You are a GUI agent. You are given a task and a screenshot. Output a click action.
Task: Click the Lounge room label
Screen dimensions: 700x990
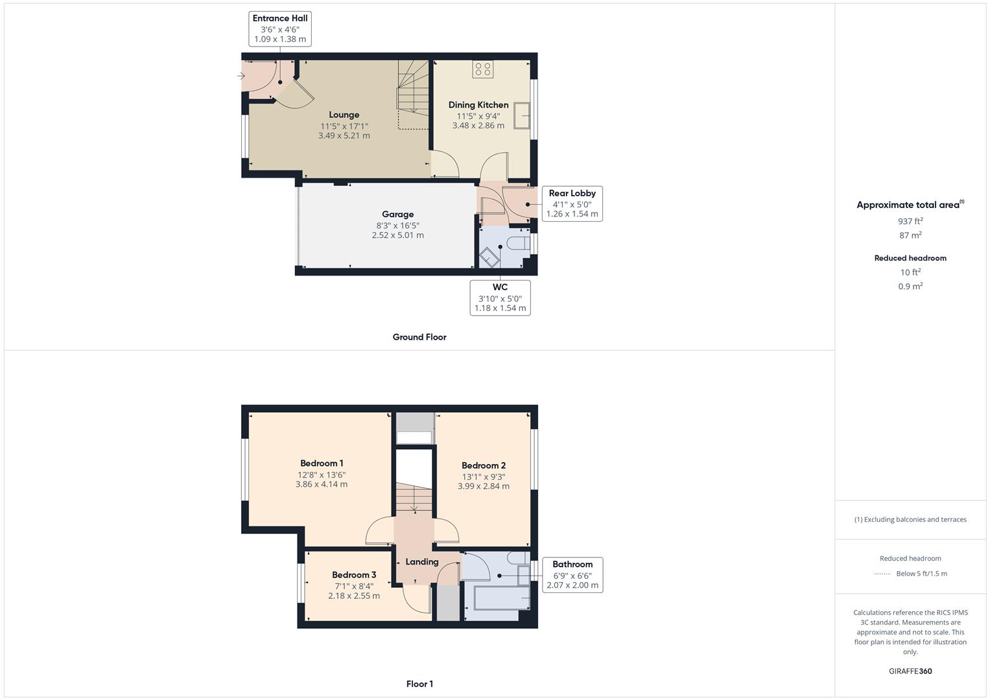click(344, 115)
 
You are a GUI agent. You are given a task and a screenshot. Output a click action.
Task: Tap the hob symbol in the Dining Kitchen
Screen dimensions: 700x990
click(482, 69)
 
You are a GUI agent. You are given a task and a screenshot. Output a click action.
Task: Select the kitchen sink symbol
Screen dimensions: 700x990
click(522, 116)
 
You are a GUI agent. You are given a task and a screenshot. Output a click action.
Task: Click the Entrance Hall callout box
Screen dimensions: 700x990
click(280, 29)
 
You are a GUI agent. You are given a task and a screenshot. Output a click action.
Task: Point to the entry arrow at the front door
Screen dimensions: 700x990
click(241, 76)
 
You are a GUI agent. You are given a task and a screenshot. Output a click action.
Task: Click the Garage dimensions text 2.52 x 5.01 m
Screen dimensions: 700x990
click(397, 235)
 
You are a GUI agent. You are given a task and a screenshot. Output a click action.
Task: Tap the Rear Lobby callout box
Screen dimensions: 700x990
click(572, 204)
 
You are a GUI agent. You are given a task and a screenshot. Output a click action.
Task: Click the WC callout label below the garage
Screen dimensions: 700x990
click(500, 297)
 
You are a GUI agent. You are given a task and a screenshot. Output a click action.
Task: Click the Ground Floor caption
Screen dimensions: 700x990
click(419, 337)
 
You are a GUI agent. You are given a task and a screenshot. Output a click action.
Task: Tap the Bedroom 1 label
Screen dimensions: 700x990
click(322, 463)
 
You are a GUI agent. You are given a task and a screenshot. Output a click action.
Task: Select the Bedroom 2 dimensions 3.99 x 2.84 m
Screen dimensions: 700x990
click(483, 486)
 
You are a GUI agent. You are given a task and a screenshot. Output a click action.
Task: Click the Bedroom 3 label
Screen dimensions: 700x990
click(354, 575)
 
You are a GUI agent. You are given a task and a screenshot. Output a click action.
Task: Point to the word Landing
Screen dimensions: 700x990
click(422, 562)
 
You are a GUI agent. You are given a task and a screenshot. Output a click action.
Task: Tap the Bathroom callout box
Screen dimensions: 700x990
click(572, 574)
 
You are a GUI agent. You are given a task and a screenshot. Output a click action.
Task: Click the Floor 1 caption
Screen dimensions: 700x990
click(419, 684)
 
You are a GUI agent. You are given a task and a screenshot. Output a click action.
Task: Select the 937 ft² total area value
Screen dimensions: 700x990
click(910, 221)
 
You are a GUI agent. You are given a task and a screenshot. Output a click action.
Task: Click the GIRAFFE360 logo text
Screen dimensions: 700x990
click(910, 671)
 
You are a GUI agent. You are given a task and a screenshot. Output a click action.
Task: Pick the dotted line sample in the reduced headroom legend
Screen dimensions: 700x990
click(882, 574)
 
